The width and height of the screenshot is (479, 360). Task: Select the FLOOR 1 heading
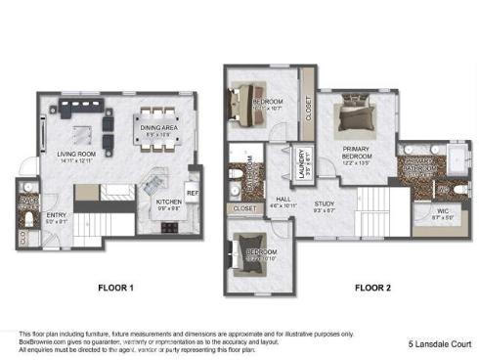click(x=115, y=289)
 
